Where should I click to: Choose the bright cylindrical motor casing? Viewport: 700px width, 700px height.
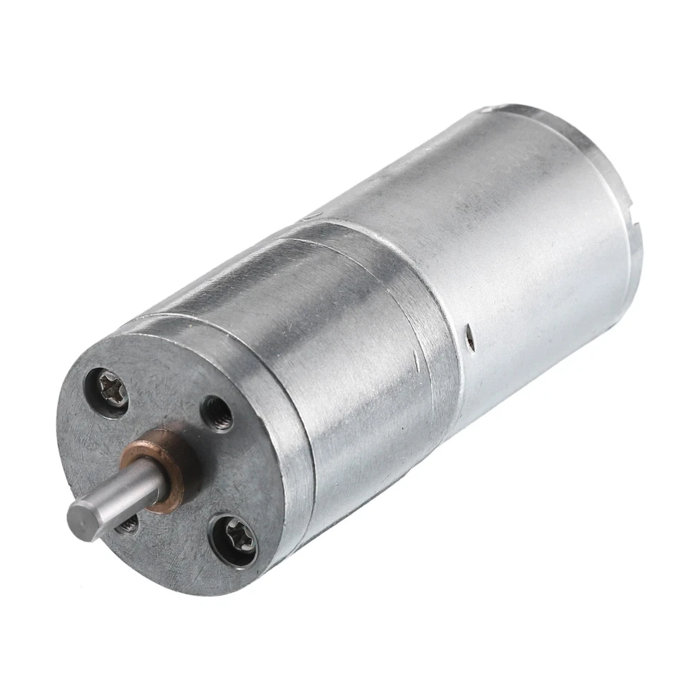click(510, 241)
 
